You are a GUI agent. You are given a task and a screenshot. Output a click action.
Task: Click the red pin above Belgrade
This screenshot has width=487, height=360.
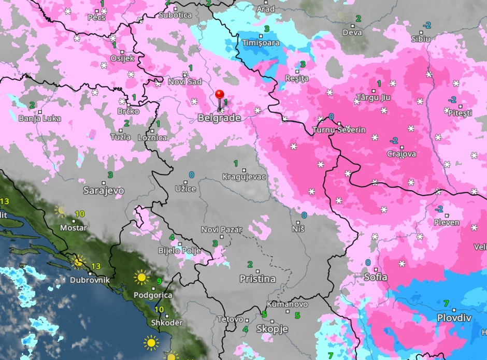[x=220, y=95]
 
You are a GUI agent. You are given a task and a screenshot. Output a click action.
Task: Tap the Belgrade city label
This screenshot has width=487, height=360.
[x=219, y=118]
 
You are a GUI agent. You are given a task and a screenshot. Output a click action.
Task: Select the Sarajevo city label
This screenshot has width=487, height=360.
[x=104, y=191]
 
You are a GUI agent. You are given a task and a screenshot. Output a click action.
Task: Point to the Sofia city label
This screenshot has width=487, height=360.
[x=376, y=277]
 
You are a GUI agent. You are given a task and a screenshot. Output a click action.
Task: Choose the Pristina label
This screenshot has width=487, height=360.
[x=257, y=279]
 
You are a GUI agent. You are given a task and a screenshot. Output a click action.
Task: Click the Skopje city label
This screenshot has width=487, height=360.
[x=272, y=329]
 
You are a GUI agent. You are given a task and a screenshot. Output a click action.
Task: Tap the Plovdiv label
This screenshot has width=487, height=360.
[x=454, y=318]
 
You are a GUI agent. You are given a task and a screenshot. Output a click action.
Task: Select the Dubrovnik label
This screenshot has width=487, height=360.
[x=90, y=280]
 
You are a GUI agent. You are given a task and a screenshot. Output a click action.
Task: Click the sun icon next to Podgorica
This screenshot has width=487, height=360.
[x=141, y=278]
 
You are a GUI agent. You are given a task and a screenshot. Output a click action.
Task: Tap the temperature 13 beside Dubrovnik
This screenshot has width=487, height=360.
[x=95, y=266]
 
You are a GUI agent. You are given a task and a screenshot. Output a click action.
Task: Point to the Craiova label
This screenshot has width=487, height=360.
[x=402, y=154]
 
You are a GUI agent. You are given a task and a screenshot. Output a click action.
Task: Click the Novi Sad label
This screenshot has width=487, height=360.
[x=185, y=82]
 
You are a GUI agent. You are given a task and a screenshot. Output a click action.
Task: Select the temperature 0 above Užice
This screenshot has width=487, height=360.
[x=192, y=175]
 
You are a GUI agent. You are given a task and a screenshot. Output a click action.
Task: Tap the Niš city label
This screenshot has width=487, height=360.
[x=298, y=228]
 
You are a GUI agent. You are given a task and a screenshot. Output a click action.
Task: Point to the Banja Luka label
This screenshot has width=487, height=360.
[x=39, y=119]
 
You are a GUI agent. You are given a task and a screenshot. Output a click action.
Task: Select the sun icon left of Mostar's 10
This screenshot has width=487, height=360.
[x=61, y=211]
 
